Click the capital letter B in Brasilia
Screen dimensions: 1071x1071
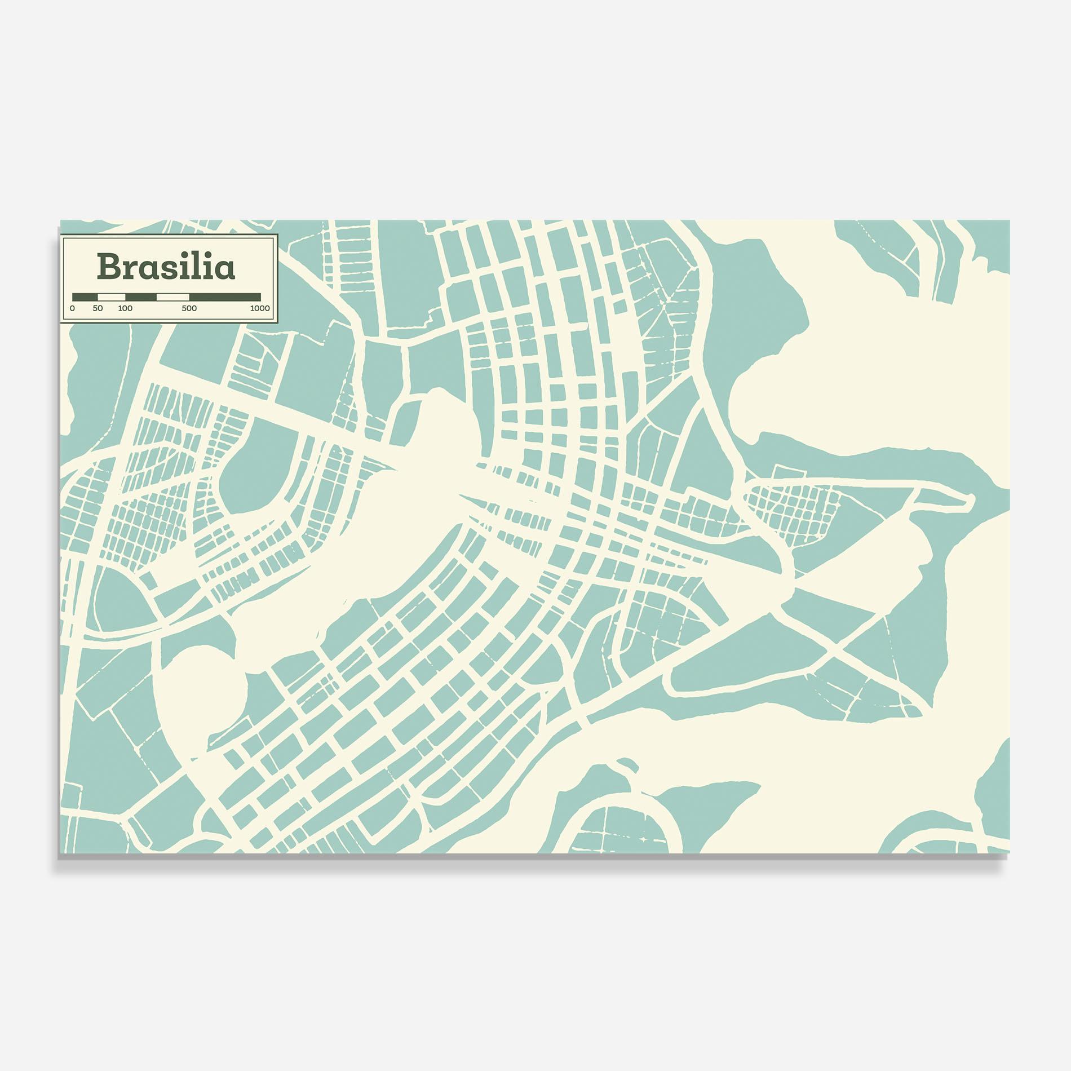(108, 267)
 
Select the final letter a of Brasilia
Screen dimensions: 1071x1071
(224, 270)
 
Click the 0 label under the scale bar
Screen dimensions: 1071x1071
(72, 308)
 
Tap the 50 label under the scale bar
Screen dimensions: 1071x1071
(98, 308)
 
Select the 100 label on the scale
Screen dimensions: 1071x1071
(125, 308)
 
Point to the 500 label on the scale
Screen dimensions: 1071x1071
(189, 308)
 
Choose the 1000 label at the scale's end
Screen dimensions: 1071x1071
(260, 308)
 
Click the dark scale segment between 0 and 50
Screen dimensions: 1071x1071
(85, 296)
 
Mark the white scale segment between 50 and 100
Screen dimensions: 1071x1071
(111, 296)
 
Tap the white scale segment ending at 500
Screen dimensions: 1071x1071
(172, 296)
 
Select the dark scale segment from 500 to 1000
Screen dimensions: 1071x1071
(225, 296)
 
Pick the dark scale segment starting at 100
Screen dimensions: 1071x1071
(141, 296)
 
